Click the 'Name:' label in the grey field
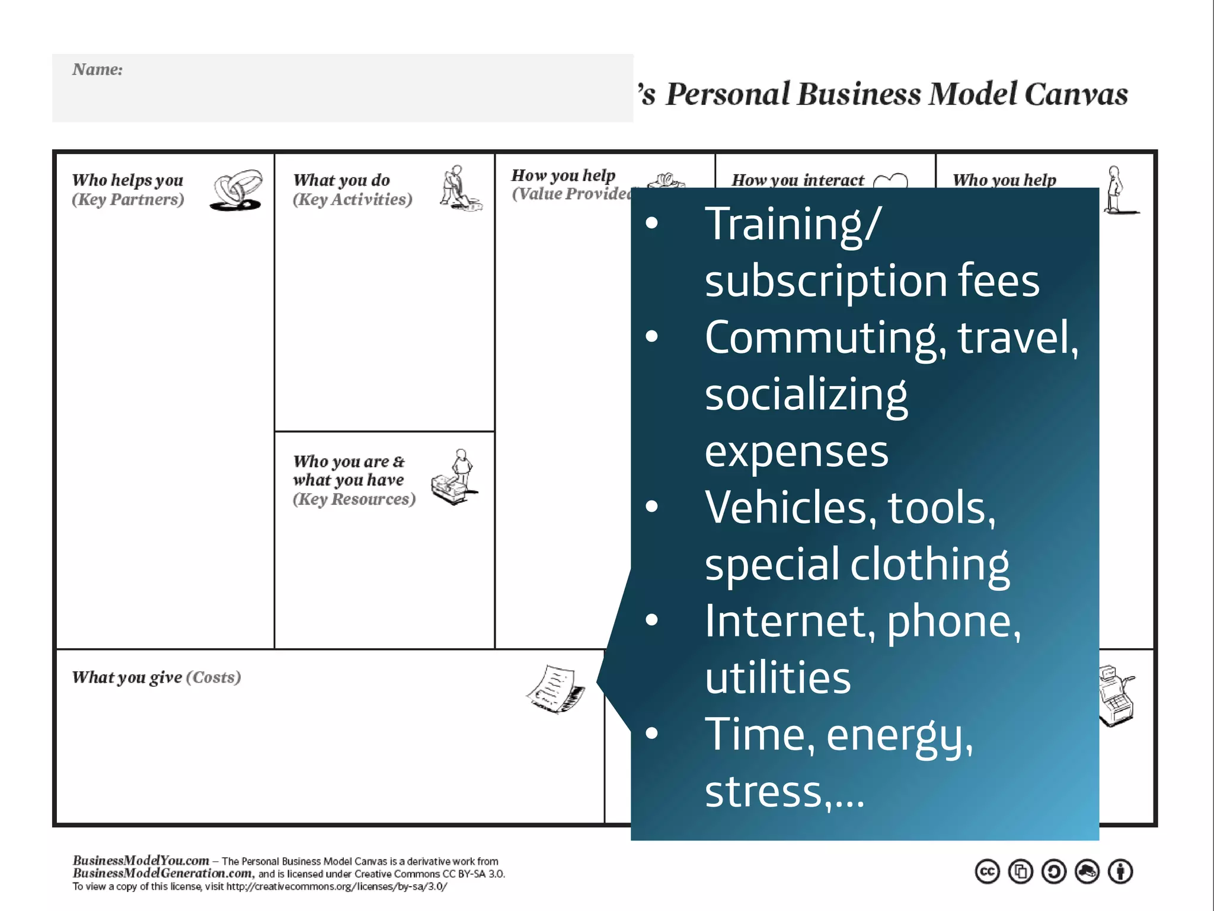coord(97,69)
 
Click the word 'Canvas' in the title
coord(1076,94)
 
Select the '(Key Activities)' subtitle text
coord(352,199)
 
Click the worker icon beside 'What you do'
coord(460,189)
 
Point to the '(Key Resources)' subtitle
coord(354,499)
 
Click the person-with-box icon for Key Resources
coord(455,478)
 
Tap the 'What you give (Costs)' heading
coord(156,677)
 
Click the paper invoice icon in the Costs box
coord(555,689)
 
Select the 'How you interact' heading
coord(798,180)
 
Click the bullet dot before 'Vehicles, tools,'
coord(652,507)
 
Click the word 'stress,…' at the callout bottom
coord(784,792)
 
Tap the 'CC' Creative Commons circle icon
coord(987,872)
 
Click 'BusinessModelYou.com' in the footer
coord(140,861)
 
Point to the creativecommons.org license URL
coord(337,887)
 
